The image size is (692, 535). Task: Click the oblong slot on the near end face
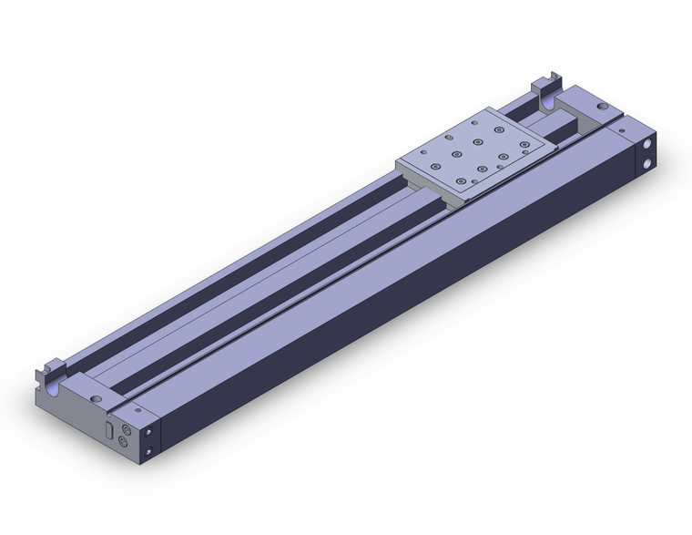(x=110, y=431)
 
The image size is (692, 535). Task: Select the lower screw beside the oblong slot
(x=126, y=438)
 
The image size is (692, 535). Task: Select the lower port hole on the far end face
(x=648, y=163)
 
